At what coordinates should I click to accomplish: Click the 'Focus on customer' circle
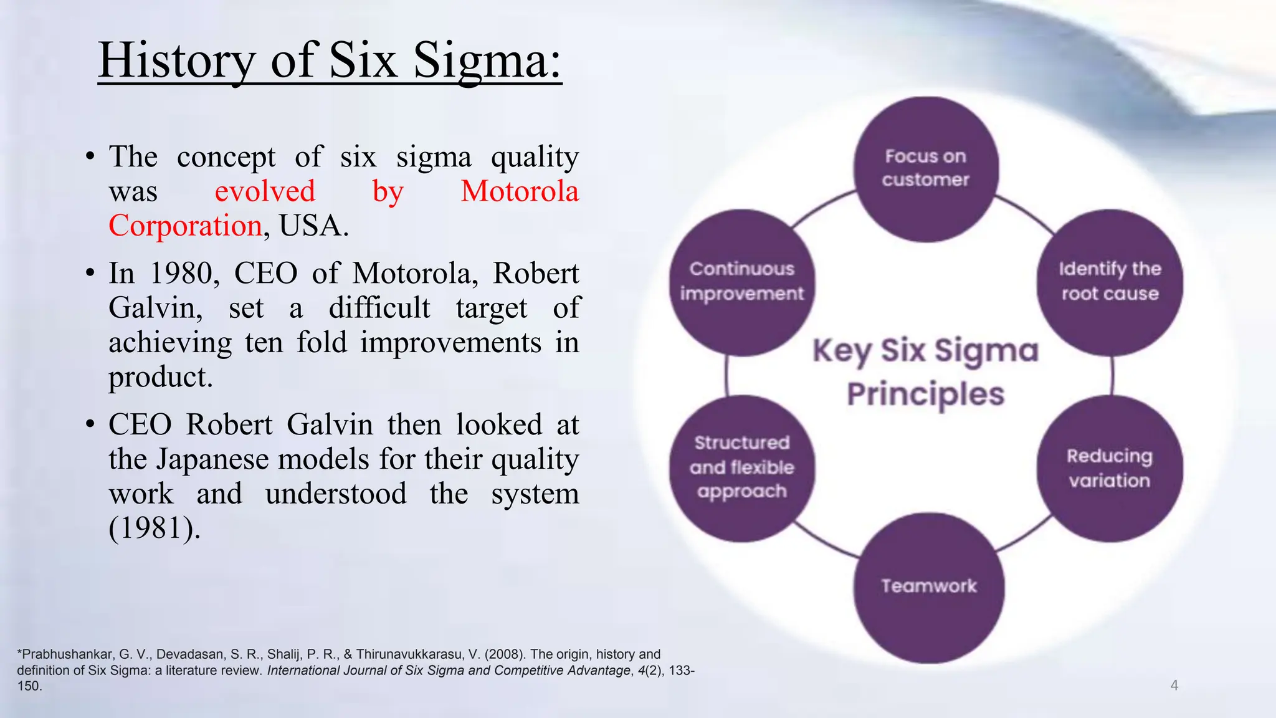tap(926, 168)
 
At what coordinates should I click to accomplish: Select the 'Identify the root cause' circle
tap(1110, 282)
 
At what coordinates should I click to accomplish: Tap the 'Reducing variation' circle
tap(1110, 469)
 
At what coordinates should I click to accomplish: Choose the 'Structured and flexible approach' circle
tap(741, 467)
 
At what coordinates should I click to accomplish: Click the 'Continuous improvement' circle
tap(741, 282)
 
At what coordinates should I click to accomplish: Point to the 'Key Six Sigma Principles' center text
tap(926, 373)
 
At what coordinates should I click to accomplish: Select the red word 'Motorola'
tap(520, 191)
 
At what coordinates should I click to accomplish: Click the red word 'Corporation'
tap(185, 226)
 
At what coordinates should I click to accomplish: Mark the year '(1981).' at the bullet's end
tap(155, 529)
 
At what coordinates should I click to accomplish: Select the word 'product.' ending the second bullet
tap(161, 377)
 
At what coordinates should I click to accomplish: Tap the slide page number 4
tap(1174, 686)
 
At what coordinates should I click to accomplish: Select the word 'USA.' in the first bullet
tap(313, 226)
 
